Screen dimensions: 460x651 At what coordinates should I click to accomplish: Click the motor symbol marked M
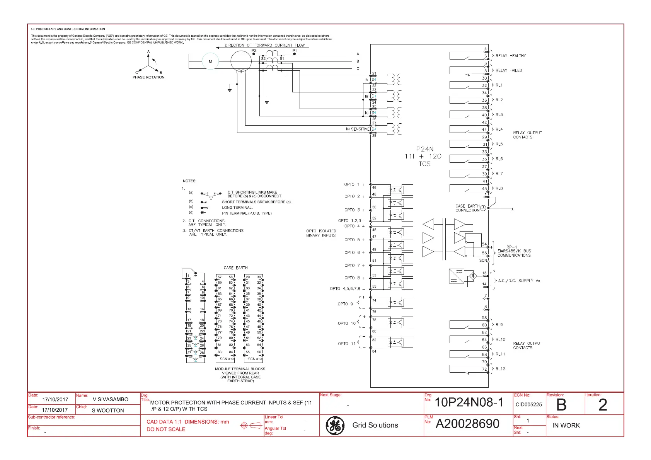(210, 61)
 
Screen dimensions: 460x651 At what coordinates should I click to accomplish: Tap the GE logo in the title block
(335, 425)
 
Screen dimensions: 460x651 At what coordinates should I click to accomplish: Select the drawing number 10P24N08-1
(469, 403)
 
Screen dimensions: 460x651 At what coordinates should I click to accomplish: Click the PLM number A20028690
(467, 424)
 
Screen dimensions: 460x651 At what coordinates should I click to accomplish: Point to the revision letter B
(561, 405)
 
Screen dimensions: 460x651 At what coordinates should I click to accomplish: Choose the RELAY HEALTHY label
(511, 56)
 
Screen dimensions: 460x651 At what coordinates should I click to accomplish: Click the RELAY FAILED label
(509, 70)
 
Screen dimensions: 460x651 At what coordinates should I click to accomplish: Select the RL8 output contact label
(499, 189)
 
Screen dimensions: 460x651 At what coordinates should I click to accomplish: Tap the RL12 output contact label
(500, 369)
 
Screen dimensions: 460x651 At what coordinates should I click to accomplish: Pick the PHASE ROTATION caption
(148, 77)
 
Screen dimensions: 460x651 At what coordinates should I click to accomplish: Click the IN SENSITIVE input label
(358, 129)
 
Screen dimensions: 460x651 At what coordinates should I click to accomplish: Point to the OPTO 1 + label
(354, 185)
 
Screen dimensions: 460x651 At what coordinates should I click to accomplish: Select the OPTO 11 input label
(347, 344)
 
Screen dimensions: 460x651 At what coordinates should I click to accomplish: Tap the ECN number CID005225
(528, 405)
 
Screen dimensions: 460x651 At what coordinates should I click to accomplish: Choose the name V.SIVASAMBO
(111, 400)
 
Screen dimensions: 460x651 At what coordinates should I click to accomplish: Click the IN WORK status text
(566, 426)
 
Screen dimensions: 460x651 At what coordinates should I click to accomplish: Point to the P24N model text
(425, 149)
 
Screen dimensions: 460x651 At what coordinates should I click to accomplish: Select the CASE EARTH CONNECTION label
(467, 208)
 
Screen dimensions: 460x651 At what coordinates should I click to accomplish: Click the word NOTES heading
(189, 181)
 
